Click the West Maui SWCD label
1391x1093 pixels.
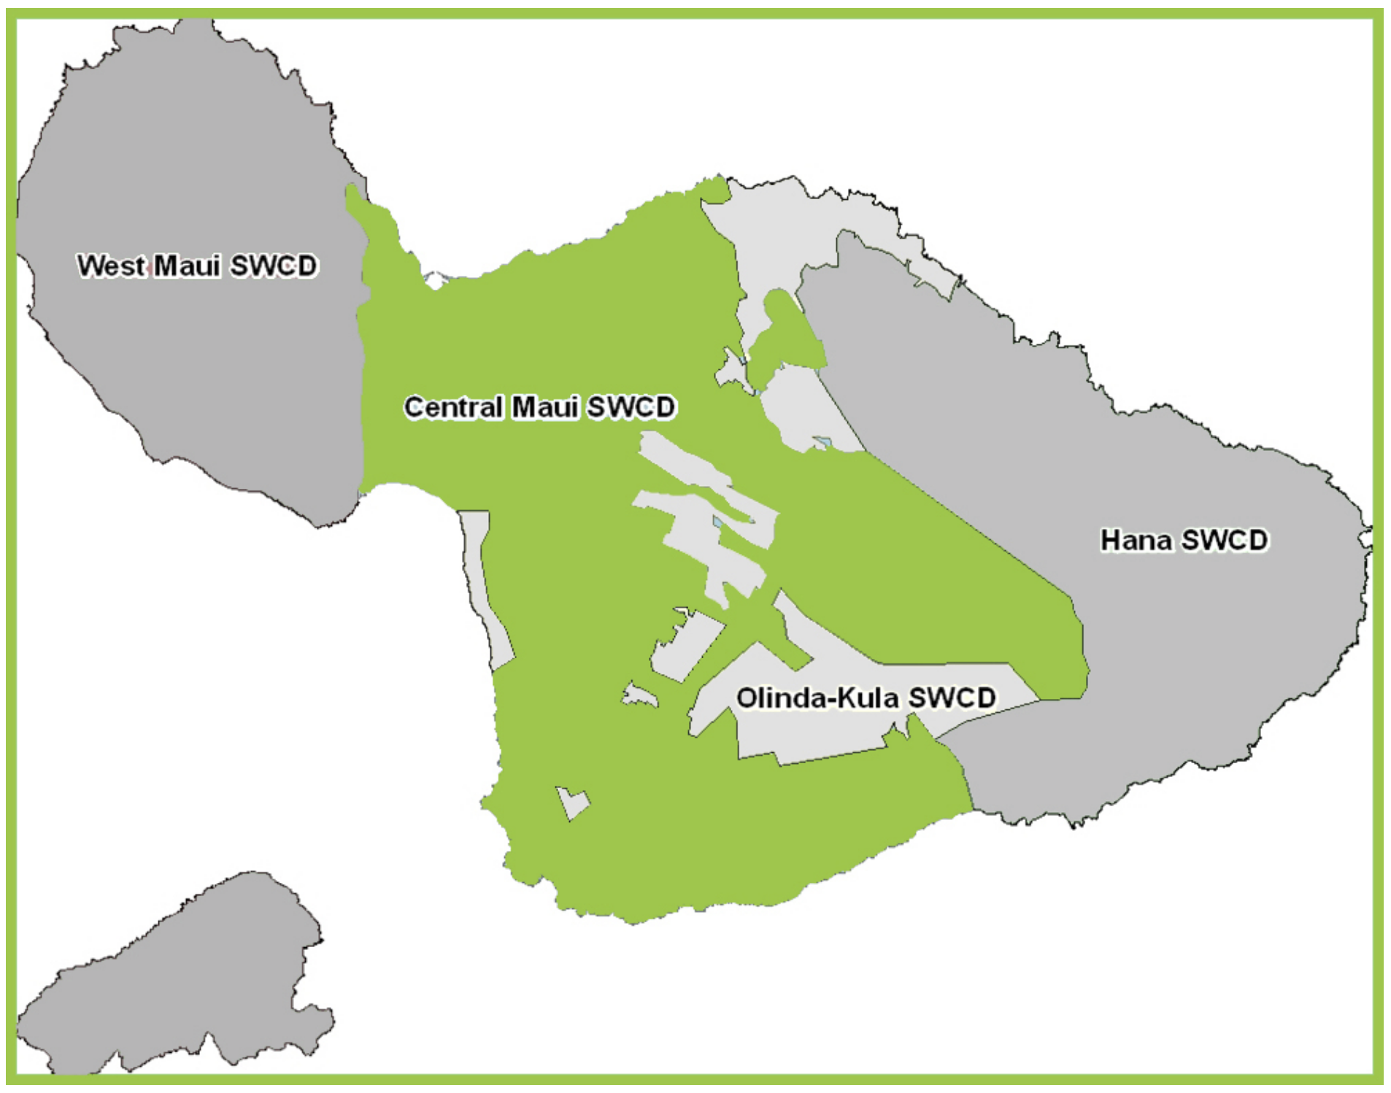point(197,266)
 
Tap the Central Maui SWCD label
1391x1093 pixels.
point(540,407)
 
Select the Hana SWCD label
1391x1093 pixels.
point(1184,541)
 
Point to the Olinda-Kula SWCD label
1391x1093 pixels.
point(866,698)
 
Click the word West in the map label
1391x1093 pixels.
point(112,266)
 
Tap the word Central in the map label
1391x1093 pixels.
point(454,407)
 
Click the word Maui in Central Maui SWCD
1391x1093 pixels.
point(545,407)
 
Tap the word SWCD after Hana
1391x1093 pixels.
point(1225,541)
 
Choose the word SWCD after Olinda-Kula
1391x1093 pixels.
point(952,698)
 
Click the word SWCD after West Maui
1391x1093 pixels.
point(274,266)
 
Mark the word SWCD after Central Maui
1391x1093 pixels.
point(631,407)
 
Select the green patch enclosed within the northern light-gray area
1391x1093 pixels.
point(785,336)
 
